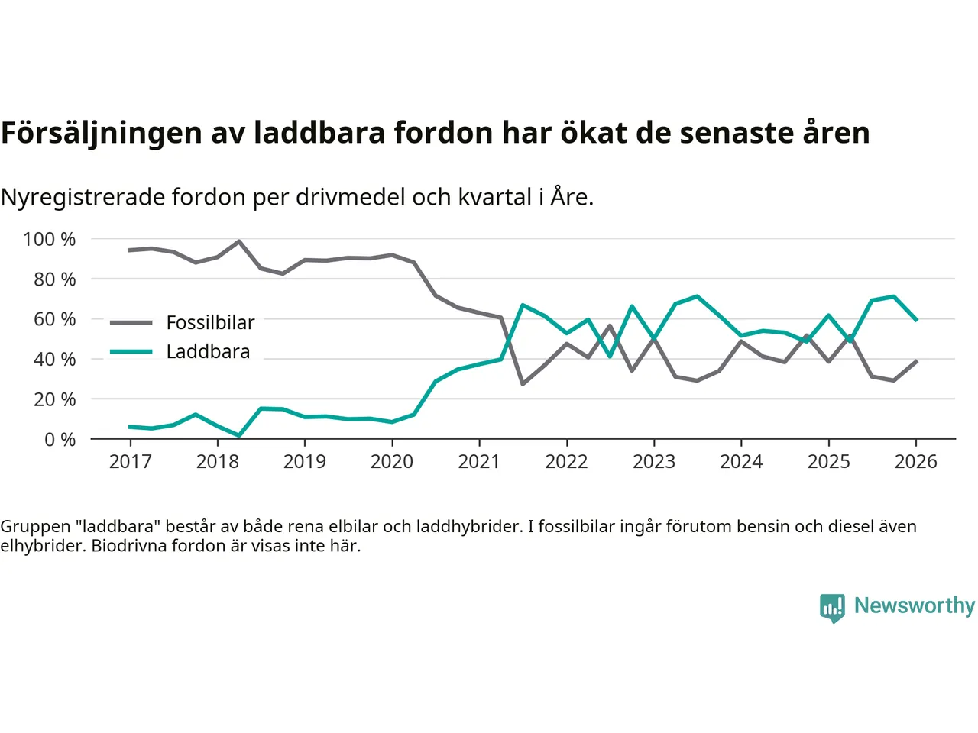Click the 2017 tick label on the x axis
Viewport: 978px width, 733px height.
click(130, 462)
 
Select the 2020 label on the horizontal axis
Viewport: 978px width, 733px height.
click(392, 462)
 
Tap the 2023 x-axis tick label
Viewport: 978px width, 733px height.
click(654, 462)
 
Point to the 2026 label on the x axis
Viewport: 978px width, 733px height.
click(915, 462)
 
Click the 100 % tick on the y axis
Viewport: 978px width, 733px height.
click(50, 240)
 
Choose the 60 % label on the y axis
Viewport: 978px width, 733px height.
click(54, 319)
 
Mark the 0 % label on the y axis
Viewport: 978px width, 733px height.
click(60, 440)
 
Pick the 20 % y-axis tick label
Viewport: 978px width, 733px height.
click(54, 399)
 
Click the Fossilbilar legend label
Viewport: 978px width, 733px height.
click(210, 323)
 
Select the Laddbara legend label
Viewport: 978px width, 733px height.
click(208, 352)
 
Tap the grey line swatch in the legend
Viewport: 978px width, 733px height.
click(131, 323)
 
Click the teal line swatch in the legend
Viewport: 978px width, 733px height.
click(131, 352)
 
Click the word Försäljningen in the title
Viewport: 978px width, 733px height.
click(102, 133)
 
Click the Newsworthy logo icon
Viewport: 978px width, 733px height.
click(832, 608)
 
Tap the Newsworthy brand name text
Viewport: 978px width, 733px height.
click(915, 605)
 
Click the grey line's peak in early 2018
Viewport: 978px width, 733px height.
click(239, 241)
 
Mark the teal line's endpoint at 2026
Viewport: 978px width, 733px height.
click(915, 320)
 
